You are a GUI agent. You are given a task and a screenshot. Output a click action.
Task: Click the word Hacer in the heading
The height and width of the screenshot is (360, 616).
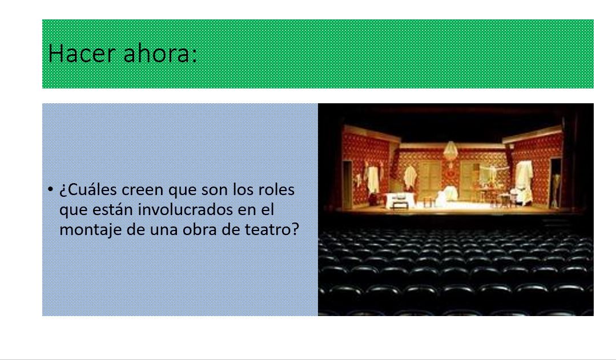81,53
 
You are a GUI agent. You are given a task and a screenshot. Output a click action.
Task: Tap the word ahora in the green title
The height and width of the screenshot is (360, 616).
157,53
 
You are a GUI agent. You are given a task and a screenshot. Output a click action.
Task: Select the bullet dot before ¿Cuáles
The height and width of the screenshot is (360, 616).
50,189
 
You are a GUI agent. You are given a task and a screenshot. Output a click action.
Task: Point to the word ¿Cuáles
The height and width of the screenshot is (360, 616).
88,190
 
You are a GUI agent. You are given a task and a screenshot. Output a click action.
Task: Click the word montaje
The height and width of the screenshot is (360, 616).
91,230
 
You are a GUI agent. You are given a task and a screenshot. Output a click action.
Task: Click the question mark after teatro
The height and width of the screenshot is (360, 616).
295,229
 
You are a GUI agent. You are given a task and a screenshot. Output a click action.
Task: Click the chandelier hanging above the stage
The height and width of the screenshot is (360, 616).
451,151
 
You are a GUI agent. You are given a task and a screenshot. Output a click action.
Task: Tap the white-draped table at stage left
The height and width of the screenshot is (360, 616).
397,200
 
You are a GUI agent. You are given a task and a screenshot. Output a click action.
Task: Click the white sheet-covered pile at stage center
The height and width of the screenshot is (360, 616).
446,196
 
